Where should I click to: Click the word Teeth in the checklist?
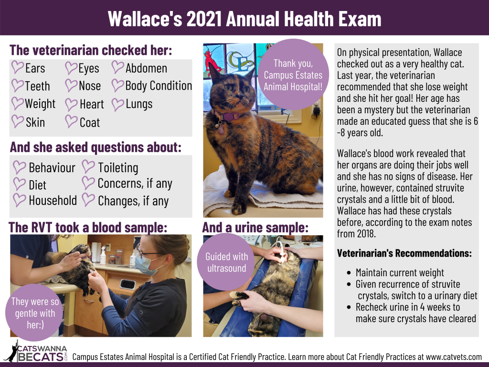tap(37, 86)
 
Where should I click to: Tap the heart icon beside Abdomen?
tap(117, 67)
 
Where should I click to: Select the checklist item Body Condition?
tap(159, 86)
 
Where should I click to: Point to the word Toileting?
tap(118, 168)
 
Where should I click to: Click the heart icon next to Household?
tap(19, 200)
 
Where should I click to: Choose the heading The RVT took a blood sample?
tap(88, 227)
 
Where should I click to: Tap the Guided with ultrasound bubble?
tap(227, 262)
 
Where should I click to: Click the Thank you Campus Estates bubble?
tap(293, 75)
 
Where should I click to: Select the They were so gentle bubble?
tap(34, 313)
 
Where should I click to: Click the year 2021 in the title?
tap(204, 19)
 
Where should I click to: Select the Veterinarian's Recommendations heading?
tap(404, 253)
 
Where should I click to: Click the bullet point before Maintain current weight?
tap(349, 273)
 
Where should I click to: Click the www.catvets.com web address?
tap(454, 356)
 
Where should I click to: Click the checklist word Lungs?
tap(139, 104)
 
